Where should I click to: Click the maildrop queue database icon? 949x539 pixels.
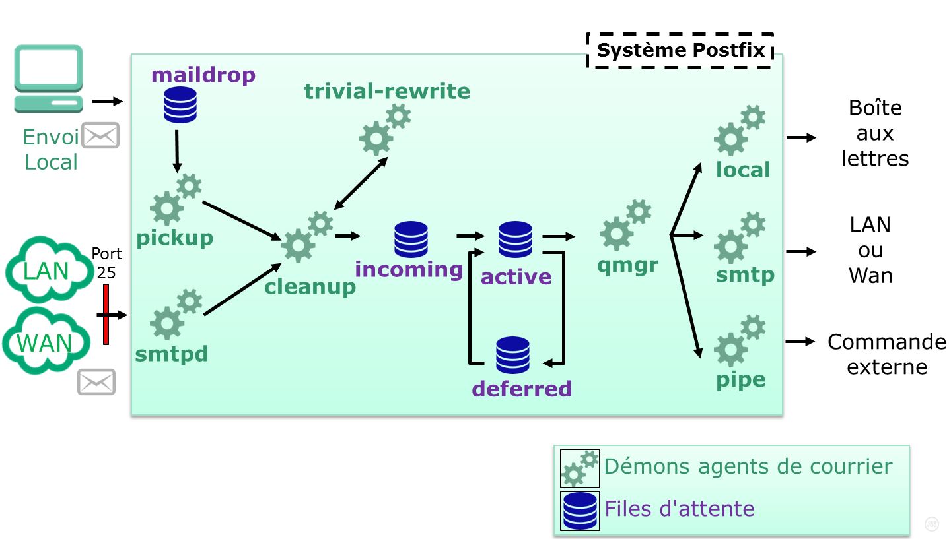point(180,105)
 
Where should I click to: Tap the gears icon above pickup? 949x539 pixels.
point(175,200)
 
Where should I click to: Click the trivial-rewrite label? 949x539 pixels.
point(387,91)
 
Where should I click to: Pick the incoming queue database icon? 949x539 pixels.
point(411,239)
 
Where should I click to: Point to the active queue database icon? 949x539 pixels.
point(515,239)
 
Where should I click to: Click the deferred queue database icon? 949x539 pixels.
point(512,355)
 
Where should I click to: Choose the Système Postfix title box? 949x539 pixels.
point(680,51)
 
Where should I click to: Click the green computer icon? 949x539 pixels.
point(49,79)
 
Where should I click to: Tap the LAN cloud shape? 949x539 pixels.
point(48,270)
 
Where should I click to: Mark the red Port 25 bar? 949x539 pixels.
point(106,314)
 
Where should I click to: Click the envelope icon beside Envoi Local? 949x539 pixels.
point(100,135)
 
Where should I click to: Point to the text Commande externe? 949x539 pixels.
point(886,354)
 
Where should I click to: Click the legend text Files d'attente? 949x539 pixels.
point(680,509)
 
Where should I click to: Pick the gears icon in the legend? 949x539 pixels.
point(580,468)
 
